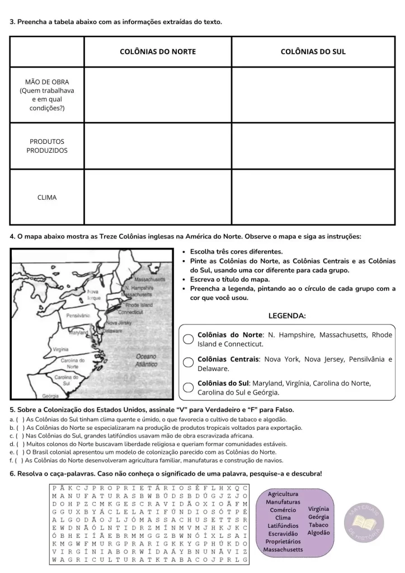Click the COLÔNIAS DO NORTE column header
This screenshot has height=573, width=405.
tap(158, 51)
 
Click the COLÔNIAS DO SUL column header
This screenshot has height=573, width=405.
tap(313, 51)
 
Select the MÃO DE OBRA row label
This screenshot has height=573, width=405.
tap(47, 95)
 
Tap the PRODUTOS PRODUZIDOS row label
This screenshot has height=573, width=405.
tap(47, 146)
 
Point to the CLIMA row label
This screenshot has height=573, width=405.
tap(47, 197)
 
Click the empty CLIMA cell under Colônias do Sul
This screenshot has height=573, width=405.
tap(313, 197)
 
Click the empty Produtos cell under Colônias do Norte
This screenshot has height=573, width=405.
tap(158, 146)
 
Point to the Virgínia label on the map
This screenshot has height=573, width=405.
tap(60, 349)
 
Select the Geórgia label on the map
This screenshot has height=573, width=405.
tap(50, 396)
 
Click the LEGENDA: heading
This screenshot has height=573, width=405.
tap(287, 316)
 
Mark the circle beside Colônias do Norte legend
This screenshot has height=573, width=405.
tap(189, 339)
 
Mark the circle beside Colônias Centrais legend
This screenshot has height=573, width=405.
tap(189, 363)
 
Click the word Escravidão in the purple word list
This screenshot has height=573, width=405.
tap(282, 533)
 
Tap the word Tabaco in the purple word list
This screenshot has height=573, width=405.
tap(318, 525)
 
